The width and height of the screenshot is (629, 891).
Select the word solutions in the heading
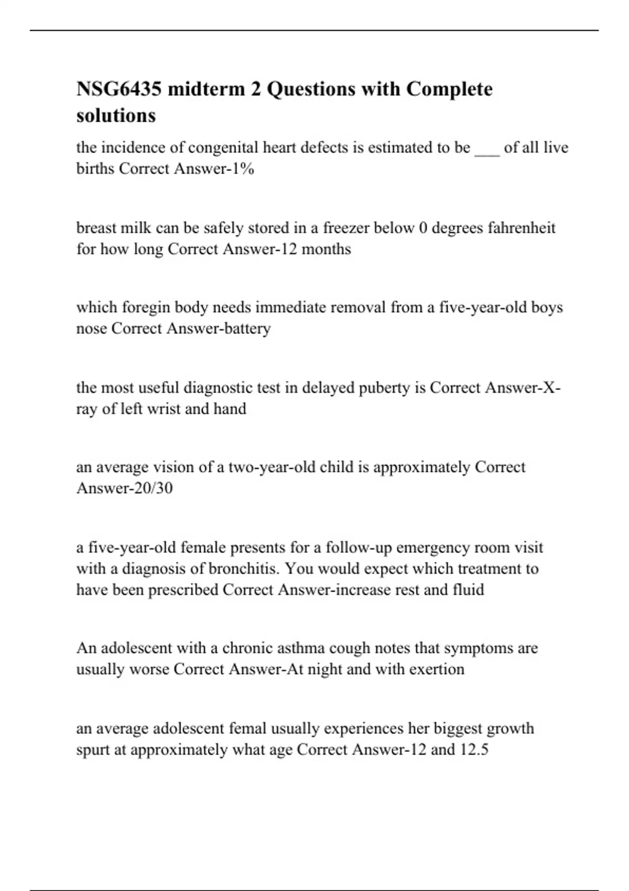tap(116, 115)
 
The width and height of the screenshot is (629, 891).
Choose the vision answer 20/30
tap(151, 488)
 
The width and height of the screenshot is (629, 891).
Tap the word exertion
tap(438, 669)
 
